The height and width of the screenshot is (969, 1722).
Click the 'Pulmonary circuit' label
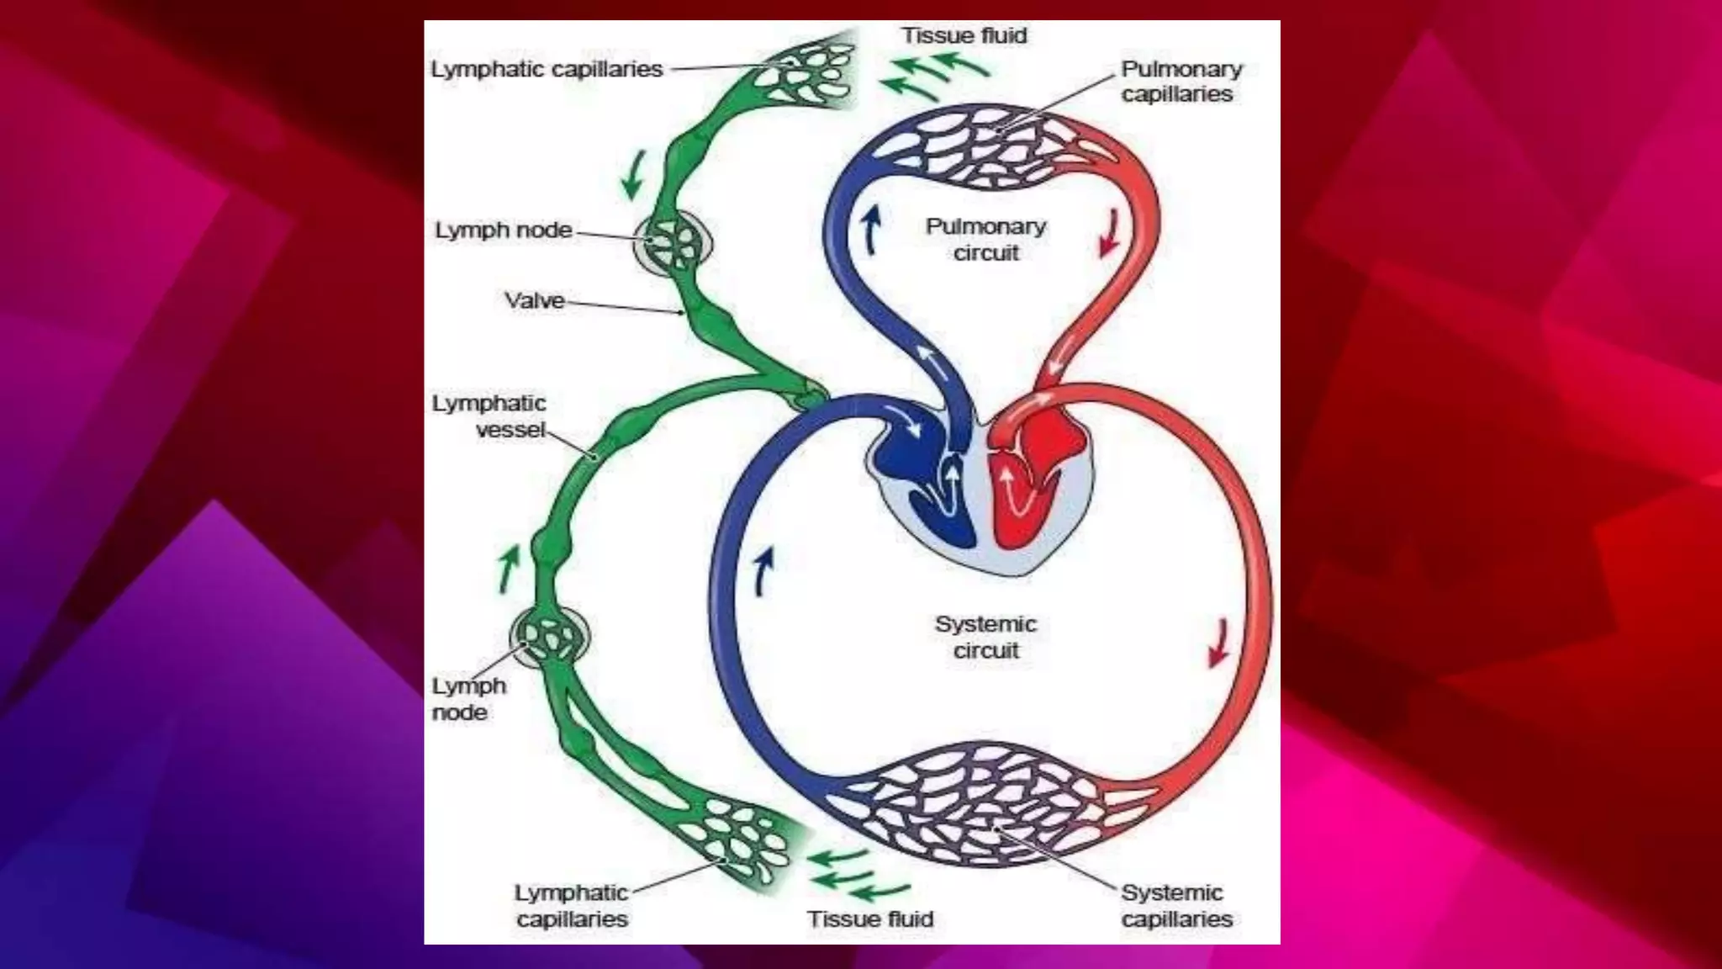[x=985, y=240]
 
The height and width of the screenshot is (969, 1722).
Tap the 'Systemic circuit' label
[x=985, y=637]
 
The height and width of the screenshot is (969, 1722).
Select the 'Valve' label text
[x=534, y=300]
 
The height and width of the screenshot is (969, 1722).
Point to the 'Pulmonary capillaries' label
[x=1181, y=81]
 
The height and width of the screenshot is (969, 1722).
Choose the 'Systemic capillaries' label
[x=1175, y=905]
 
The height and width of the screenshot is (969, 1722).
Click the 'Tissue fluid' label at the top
[x=964, y=35]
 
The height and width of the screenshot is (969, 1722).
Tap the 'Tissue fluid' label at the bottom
[x=870, y=919]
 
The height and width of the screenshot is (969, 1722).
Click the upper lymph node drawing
[x=673, y=242]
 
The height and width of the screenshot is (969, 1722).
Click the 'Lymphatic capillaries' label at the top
[x=547, y=69]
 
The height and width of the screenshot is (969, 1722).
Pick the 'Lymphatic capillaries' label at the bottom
[x=572, y=905]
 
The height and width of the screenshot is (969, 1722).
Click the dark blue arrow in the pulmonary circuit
[x=872, y=230]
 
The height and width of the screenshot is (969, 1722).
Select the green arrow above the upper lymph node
[x=633, y=174]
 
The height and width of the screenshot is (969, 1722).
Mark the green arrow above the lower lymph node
[x=508, y=568]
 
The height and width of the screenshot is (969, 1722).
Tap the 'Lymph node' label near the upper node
[x=503, y=230]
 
